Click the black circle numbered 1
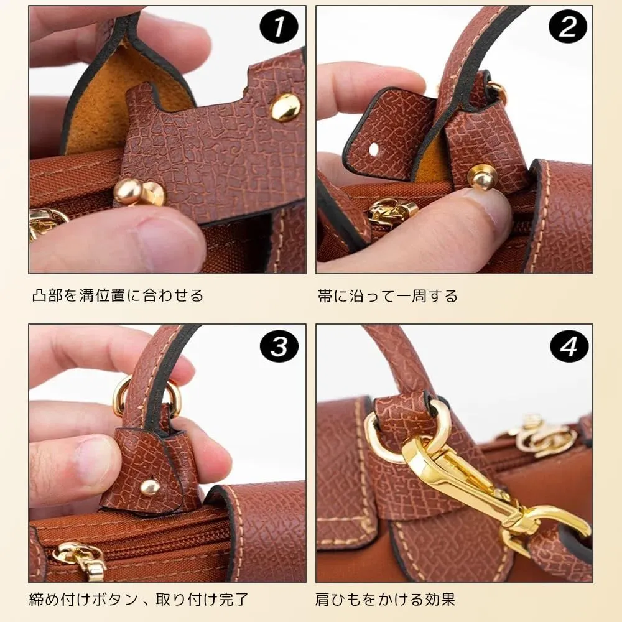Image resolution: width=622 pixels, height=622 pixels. coord(279,27)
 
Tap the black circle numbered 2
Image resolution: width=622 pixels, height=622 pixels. coord(567,27)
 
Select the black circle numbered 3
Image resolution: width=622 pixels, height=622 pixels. coord(279,346)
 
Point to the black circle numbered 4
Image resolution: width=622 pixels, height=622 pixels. coord(569,346)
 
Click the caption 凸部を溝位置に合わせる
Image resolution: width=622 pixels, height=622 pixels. coord(118,295)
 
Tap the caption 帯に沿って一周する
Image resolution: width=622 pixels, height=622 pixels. coord(388,296)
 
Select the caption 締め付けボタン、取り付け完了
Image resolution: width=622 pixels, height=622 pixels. coord(139,599)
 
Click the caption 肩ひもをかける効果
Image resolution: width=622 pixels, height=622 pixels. coord(385,599)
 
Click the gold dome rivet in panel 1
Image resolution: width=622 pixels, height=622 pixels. coord(285,106)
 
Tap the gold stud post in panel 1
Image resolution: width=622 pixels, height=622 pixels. coord(139,193)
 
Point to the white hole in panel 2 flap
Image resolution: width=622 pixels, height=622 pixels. coord(374,150)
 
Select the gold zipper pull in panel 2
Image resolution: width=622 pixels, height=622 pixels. coord(392,211)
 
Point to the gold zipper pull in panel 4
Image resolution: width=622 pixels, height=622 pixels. coord(544,437)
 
